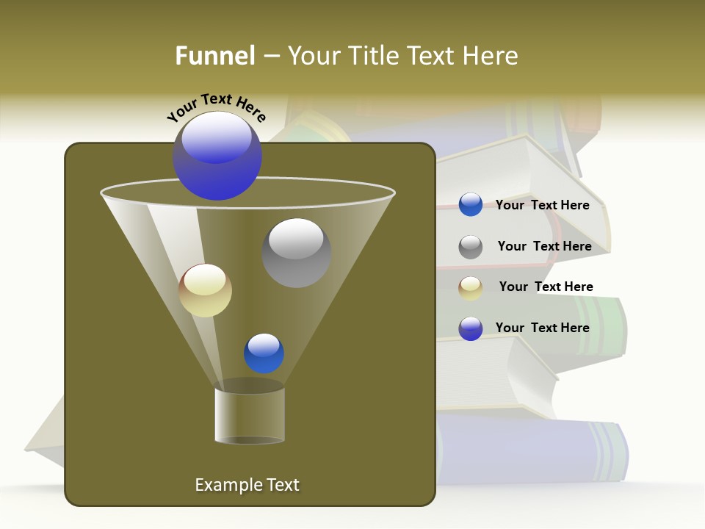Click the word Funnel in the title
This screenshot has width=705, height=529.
[x=214, y=56]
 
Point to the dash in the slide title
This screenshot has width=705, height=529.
[x=271, y=57]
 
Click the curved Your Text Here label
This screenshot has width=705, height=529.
[x=216, y=107]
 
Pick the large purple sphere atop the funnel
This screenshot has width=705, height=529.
[x=217, y=156]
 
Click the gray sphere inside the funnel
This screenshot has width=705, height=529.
[x=296, y=252]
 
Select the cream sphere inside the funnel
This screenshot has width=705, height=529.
[x=206, y=290]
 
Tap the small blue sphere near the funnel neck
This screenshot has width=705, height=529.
[x=264, y=353]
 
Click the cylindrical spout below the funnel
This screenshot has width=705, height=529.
[x=250, y=416]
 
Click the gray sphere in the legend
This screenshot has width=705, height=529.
[x=471, y=247]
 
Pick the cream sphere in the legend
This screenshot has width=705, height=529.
[x=471, y=288]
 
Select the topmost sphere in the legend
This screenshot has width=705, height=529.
[x=471, y=205]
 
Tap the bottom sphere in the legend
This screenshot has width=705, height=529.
[x=471, y=328]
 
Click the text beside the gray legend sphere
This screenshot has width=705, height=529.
[x=544, y=246]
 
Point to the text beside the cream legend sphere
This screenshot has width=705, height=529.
[x=546, y=287]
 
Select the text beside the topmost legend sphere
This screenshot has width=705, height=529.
[x=542, y=205]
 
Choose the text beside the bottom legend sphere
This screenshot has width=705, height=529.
[x=542, y=328]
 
